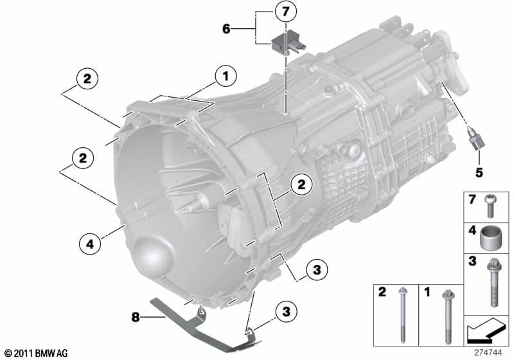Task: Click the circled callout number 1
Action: [x=226, y=76]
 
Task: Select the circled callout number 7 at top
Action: [x=285, y=12]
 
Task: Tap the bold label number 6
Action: [x=226, y=29]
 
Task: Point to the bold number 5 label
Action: [x=479, y=172]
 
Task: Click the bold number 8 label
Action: [x=136, y=317]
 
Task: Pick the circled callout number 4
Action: [x=90, y=244]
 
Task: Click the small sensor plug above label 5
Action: [x=476, y=139]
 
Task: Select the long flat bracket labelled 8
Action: [x=204, y=325]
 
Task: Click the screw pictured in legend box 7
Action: [x=490, y=205]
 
